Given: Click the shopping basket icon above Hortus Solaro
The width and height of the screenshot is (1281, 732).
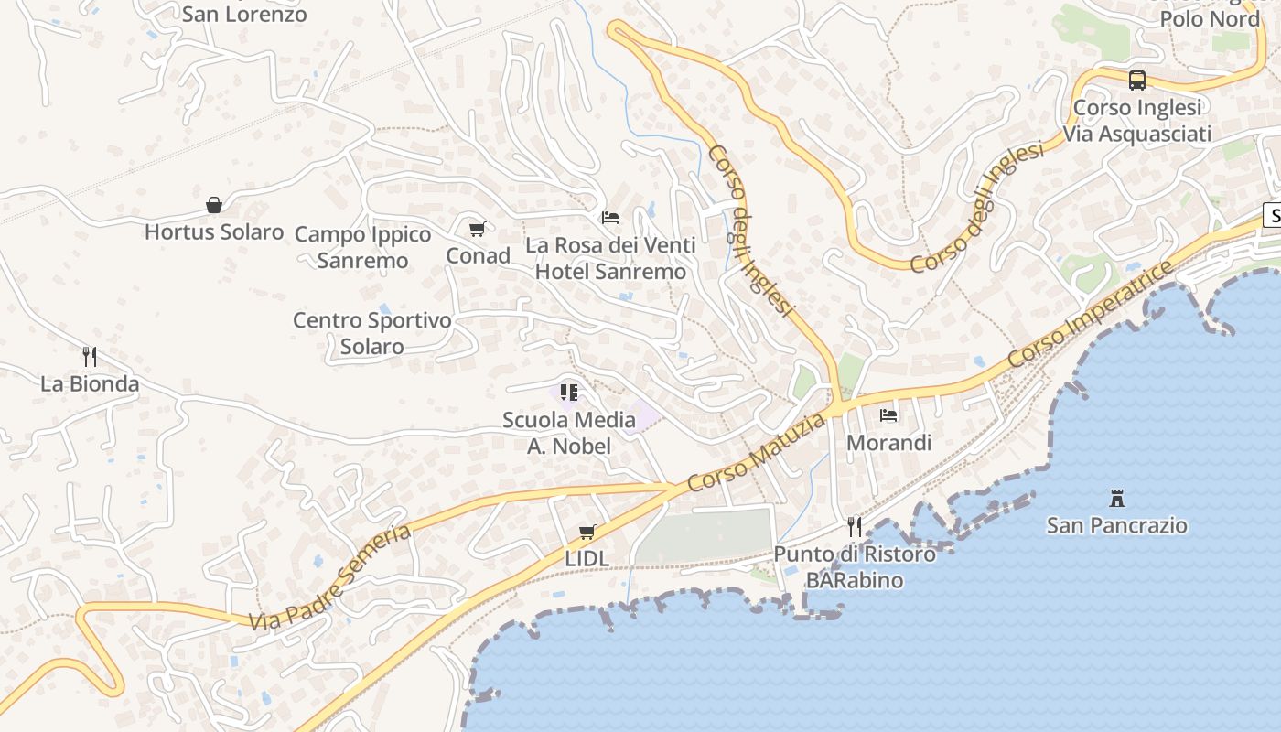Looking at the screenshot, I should [214, 204].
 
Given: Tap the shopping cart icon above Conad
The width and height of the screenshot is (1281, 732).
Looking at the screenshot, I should [477, 230].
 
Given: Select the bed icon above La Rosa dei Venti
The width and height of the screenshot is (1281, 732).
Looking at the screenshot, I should [610, 218].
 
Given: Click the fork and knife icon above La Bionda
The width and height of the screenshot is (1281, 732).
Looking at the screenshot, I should [90, 356].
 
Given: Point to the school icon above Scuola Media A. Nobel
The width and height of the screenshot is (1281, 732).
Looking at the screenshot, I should [569, 393].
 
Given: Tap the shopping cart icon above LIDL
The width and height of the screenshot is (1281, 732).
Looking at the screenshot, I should [587, 532].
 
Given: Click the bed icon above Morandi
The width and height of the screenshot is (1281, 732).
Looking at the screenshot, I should [888, 415].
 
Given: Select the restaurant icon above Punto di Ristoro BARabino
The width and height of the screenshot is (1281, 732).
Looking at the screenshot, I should [855, 526].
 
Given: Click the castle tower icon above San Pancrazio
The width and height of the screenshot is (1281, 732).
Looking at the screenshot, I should [1117, 499].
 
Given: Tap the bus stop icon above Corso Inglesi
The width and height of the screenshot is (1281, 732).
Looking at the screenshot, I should [1137, 81].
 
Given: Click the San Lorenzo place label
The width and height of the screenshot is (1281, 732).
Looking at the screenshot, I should [244, 15].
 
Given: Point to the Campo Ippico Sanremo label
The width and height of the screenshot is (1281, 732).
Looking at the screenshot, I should [363, 247].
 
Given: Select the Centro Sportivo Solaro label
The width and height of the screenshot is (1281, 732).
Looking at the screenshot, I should [372, 333].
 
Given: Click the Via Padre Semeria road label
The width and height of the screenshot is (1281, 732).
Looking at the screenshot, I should [331, 576].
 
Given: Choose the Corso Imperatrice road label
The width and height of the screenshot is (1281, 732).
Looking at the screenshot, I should [1092, 315].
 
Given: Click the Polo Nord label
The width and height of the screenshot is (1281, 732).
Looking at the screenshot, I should [1210, 18].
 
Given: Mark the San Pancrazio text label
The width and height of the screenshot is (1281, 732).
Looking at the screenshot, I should [1117, 525].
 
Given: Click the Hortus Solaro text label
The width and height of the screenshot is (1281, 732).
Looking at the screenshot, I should [214, 231].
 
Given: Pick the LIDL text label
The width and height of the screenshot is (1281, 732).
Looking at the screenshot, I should [587, 558].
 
